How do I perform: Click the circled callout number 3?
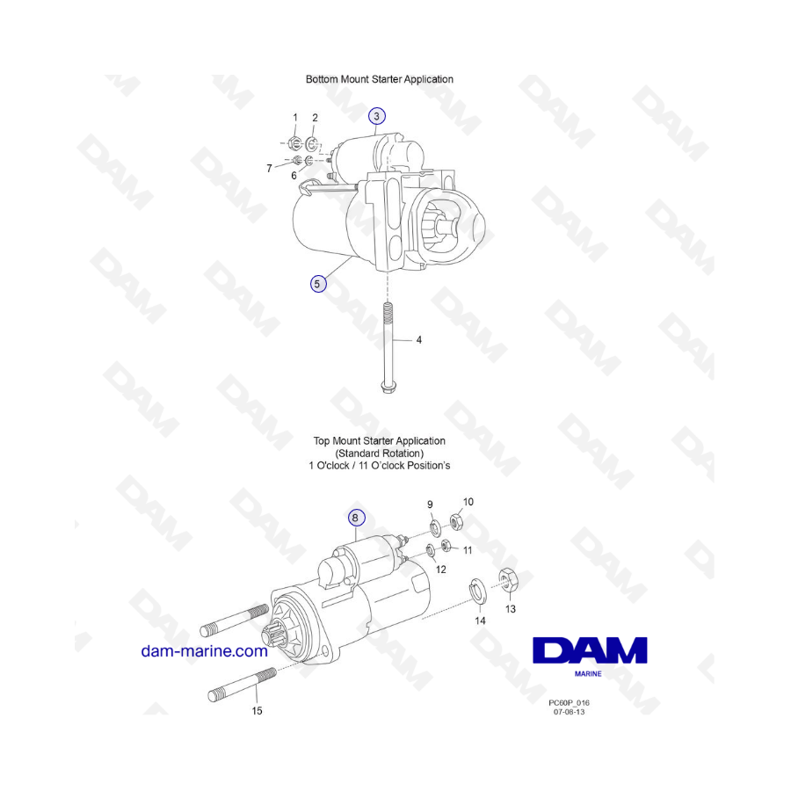pyautogui.click(x=376, y=116)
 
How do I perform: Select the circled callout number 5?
pyautogui.click(x=318, y=284)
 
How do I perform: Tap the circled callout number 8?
pyautogui.click(x=356, y=518)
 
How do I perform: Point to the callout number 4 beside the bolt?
pyautogui.click(x=418, y=340)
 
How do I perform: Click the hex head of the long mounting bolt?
pyautogui.click(x=388, y=387)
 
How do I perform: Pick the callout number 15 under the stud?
pyautogui.click(x=258, y=711)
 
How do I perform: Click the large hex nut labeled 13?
pyautogui.click(x=509, y=579)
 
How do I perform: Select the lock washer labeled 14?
pyautogui.click(x=478, y=591)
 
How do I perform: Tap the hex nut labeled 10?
pyautogui.click(x=456, y=521)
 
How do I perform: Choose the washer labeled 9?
pyautogui.click(x=434, y=527)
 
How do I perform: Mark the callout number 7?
pyautogui.click(x=270, y=169)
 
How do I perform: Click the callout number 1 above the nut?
pyautogui.click(x=295, y=118)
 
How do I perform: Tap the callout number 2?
pyautogui.click(x=315, y=118)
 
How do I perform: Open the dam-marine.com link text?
pyautogui.click(x=204, y=651)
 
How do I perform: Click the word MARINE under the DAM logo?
pyautogui.click(x=588, y=673)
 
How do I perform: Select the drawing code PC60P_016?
pyautogui.click(x=569, y=703)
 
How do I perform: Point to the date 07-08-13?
pyautogui.click(x=569, y=712)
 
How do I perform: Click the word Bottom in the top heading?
pyautogui.click(x=322, y=79)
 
